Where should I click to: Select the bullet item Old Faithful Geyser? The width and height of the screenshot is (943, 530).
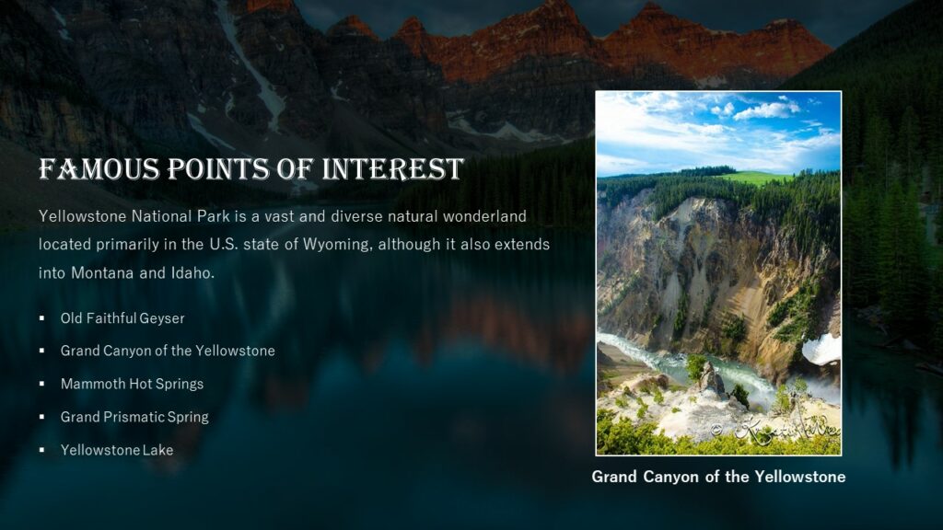coord(122,318)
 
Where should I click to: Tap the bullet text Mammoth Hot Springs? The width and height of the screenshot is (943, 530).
coord(132,384)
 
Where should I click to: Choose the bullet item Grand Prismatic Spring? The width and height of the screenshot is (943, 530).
coord(134,417)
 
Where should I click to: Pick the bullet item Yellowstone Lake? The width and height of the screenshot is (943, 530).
coord(117,450)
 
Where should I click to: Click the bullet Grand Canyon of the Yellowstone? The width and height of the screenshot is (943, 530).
coord(168,351)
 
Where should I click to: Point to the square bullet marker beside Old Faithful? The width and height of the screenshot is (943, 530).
coord(42,318)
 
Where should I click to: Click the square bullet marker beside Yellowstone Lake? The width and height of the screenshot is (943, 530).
coord(42,450)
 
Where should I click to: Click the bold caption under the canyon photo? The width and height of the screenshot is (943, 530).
coord(718,477)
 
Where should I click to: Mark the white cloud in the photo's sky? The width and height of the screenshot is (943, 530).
coord(766,110)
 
